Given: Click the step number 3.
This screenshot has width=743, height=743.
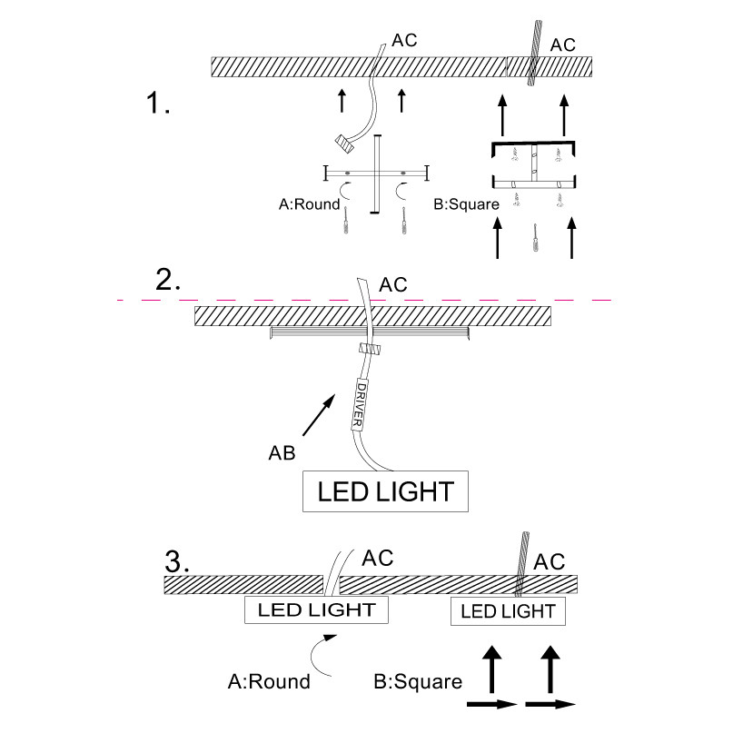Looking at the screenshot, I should (176, 560).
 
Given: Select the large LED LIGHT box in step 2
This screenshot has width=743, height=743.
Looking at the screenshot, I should (385, 491).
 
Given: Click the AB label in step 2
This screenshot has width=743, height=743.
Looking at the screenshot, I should (282, 451).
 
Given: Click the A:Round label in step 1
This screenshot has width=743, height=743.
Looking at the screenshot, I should (309, 204).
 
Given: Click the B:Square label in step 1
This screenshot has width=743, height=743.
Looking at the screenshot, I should (466, 204).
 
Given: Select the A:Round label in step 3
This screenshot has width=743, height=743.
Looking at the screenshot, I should (269, 681).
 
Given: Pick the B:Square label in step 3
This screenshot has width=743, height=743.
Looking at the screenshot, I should (419, 681).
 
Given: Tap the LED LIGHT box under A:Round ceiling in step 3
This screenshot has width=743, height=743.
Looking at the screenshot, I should (316, 609).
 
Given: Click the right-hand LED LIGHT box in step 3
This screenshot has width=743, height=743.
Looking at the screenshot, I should (508, 611).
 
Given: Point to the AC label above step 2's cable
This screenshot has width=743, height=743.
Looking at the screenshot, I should (393, 285).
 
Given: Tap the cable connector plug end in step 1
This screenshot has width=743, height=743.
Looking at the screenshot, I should (344, 142).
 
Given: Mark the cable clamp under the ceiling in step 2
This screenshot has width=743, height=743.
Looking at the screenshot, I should (368, 350).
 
